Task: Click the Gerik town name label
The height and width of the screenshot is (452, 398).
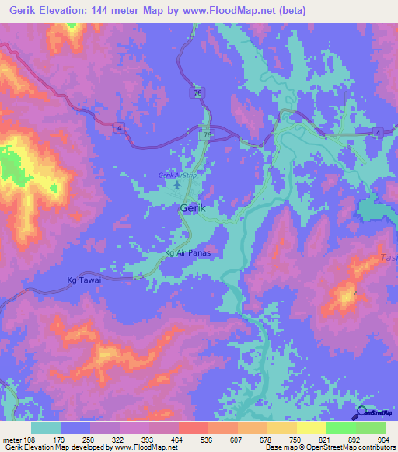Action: click(194, 208)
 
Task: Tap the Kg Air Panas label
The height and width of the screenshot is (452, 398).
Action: click(188, 253)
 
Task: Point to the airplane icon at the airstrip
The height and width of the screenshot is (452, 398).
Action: click(177, 186)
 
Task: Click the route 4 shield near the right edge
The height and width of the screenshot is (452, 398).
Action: click(378, 134)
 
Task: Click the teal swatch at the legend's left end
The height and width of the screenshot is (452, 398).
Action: click(46, 428)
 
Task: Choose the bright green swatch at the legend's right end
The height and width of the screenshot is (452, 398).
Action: click(371, 428)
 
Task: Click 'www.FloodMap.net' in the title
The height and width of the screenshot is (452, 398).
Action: click(237, 11)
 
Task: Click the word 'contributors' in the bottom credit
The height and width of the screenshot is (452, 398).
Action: click(375, 447)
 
